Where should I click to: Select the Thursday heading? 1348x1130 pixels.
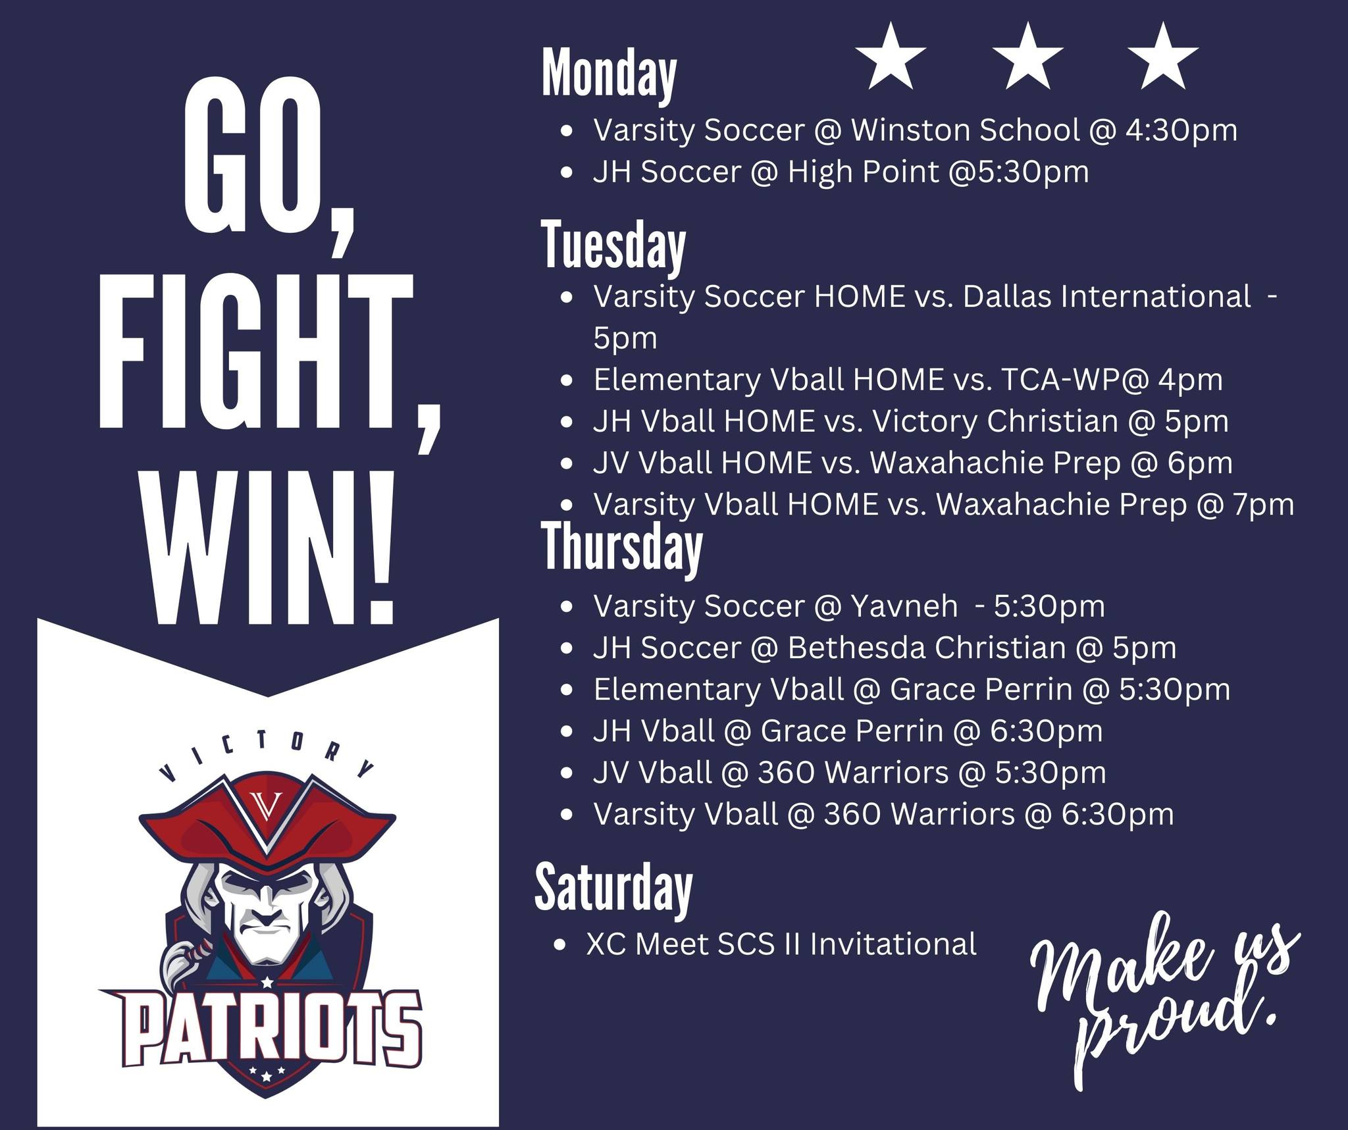click(622, 549)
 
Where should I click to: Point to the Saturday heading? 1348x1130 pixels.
click(613, 888)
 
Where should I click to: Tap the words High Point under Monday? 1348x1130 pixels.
click(863, 172)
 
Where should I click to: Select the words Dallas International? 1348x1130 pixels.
click(1106, 297)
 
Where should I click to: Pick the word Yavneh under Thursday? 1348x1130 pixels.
click(904, 606)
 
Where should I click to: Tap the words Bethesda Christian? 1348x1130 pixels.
click(926, 648)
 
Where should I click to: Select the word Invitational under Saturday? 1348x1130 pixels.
click(893, 944)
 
